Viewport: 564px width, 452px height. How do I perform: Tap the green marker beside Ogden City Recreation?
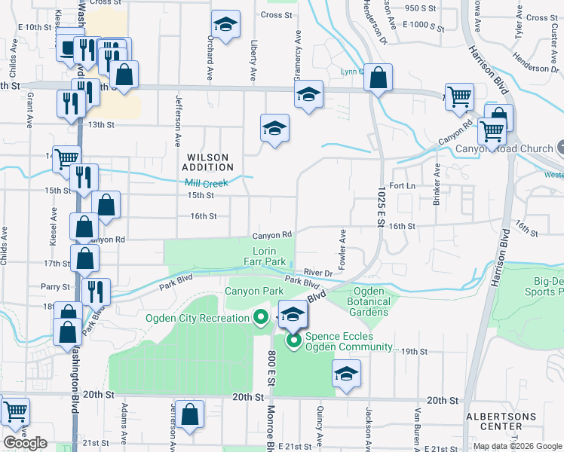(x=261, y=317)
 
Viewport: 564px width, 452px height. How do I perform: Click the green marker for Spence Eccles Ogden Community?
(x=293, y=342)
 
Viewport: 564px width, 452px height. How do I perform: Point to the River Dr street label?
(x=318, y=273)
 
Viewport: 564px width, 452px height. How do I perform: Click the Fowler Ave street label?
(x=342, y=250)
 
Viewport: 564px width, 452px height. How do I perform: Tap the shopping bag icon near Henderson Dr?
(x=379, y=77)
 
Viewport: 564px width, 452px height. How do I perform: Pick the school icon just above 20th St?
(x=346, y=374)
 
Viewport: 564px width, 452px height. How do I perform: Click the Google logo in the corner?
(x=26, y=442)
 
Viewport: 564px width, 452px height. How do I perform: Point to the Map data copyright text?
(x=516, y=446)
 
